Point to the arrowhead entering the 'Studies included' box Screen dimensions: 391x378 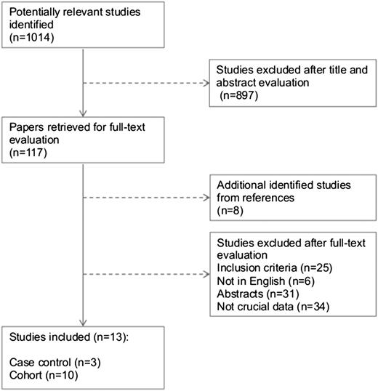(85, 323)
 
